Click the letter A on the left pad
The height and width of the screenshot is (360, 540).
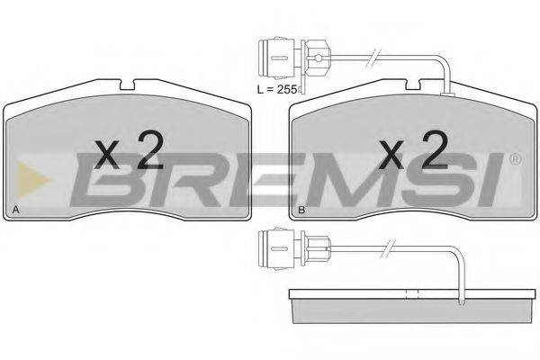click(15, 210)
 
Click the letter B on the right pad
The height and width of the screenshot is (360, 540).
click(301, 210)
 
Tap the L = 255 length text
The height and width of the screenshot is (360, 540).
click(277, 90)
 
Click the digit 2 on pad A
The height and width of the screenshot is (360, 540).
click(150, 150)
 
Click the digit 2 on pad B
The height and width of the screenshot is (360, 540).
click(435, 150)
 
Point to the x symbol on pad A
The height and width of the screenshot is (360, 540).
click(106, 155)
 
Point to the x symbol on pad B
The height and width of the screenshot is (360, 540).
click(391, 155)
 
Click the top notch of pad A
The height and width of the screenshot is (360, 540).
click(127, 85)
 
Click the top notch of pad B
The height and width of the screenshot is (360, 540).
click(413, 85)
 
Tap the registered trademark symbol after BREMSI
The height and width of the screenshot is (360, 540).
click(516, 159)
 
